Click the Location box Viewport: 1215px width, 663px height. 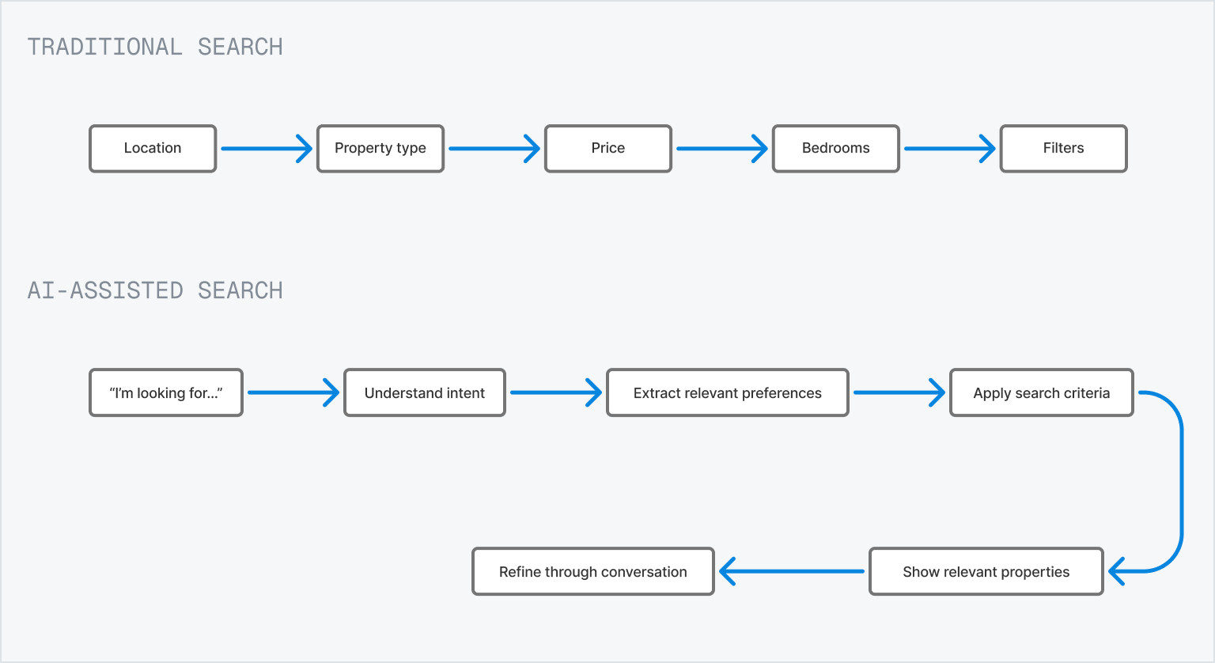tap(153, 149)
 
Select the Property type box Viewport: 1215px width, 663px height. tap(380, 149)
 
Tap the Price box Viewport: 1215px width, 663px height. tap(608, 149)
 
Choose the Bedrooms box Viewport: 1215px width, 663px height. tap(836, 149)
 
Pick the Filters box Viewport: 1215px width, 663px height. tap(1064, 149)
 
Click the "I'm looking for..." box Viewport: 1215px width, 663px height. tap(166, 392)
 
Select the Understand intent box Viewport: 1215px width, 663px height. tap(425, 392)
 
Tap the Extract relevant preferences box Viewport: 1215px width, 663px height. tap(728, 392)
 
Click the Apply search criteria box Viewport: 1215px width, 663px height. tap(1042, 392)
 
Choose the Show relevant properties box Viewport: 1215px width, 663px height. tap(986, 572)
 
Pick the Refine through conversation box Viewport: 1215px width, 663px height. tap(592, 572)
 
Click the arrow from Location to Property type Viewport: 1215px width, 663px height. tap(267, 149)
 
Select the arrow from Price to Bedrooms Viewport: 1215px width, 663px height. tap(722, 149)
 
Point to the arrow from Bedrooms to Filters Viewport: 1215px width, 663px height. tap(950, 149)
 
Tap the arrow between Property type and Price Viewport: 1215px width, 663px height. tap(494, 149)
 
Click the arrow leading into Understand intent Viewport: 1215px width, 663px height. tap(293, 392)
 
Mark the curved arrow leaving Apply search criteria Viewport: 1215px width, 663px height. tap(1181, 483)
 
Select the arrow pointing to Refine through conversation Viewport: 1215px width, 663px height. tap(792, 571)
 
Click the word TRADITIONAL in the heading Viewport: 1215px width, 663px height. tap(104, 47)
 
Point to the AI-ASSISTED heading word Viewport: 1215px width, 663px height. tap(104, 291)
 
